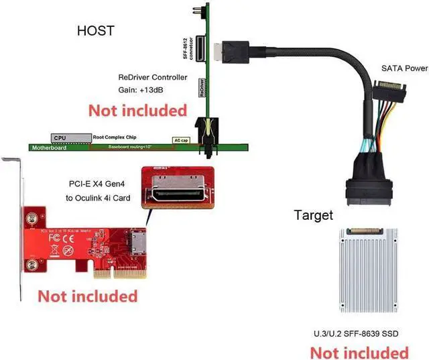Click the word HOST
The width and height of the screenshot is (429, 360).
pos(96,30)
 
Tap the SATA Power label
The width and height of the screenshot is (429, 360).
pos(404,68)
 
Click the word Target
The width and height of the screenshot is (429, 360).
pos(314,215)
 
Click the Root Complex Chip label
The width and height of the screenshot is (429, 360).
pos(120,136)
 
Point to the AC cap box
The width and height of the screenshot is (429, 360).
pos(180,140)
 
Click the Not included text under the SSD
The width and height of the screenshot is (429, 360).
pos(359,351)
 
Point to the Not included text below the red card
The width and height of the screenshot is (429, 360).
pos(87,296)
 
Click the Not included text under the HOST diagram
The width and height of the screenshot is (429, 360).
pos(137,109)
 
